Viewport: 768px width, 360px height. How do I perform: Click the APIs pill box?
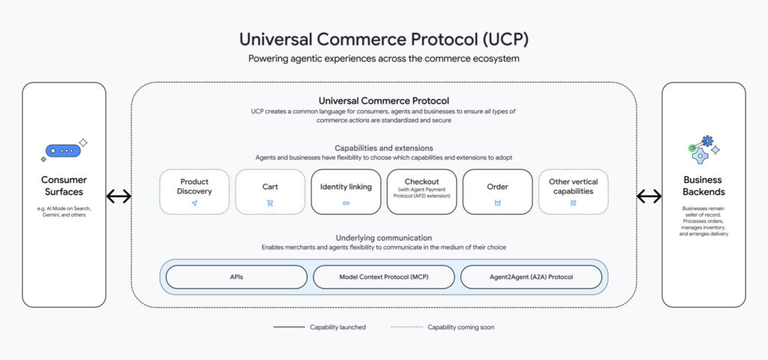(236, 277)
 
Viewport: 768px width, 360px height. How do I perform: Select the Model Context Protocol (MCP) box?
(383, 277)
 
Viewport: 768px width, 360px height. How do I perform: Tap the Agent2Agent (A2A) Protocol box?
(531, 277)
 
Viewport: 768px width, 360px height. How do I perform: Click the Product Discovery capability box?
(194, 192)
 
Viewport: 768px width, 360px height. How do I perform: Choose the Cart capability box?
(270, 192)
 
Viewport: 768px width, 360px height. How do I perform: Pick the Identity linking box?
(346, 192)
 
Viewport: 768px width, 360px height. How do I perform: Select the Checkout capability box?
(421, 192)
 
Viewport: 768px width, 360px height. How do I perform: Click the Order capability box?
(497, 192)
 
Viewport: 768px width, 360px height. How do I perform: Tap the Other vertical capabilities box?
(573, 192)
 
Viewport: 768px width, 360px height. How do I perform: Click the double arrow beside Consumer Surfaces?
(118, 196)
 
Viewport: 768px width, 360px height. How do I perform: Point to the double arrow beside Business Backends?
(649, 196)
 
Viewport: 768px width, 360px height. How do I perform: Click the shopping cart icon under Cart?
(270, 203)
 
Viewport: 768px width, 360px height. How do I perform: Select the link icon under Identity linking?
(346, 203)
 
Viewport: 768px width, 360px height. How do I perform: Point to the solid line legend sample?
(288, 327)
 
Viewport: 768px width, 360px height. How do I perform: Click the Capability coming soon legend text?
(460, 327)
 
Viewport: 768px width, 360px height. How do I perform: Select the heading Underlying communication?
(383, 238)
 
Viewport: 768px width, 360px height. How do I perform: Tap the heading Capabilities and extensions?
(383, 148)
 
